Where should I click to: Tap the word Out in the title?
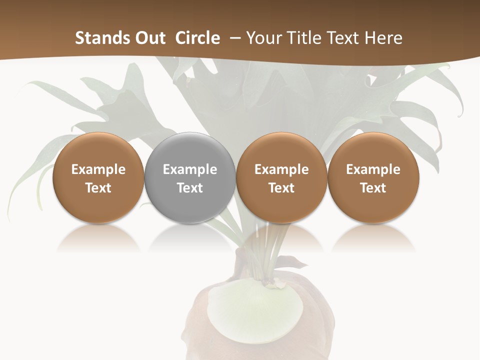click(149, 38)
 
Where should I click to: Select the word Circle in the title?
click(197, 38)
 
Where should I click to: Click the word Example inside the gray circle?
click(190, 169)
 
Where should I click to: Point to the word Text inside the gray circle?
click(190, 188)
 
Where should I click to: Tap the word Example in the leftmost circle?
click(98, 169)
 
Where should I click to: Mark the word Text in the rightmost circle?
click(373, 188)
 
